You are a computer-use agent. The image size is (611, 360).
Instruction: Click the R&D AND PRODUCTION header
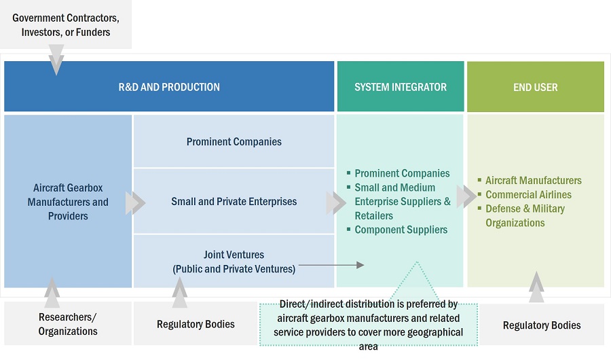coord(169,87)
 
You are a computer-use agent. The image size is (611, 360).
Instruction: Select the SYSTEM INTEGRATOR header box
coord(401,87)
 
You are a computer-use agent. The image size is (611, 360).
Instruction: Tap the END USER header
coord(536,87)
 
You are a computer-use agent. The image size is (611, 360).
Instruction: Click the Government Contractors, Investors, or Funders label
coord(66,24)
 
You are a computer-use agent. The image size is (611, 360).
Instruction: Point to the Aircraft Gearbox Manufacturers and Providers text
coord(68,202)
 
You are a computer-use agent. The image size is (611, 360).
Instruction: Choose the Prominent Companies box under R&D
coord(234,142)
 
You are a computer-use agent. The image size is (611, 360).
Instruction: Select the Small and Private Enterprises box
coord(234,202)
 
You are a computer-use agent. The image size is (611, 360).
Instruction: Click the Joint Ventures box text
coord(234,262)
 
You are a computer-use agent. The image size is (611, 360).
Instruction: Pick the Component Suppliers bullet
coord(401,230)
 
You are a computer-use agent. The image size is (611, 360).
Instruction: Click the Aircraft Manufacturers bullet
coord(533,181)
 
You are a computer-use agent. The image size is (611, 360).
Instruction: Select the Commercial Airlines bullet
coord(528,195)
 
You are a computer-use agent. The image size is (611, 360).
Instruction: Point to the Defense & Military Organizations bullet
coord(525,215)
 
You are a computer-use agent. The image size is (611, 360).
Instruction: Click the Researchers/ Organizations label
coord(68,324)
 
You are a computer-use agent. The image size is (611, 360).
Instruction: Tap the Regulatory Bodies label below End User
coord(542,325)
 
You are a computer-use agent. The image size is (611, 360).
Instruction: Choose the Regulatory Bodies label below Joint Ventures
coord(196,324)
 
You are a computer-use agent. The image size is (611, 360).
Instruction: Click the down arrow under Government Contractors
coord(56,60)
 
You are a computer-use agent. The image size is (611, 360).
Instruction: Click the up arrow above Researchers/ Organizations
coord(52,291)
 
